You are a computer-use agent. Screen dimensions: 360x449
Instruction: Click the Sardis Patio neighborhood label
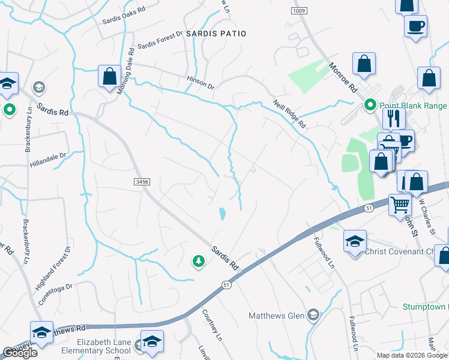pyautogui.click(x=216, y=34)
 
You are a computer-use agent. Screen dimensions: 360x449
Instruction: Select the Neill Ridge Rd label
pyautogui.click(x=290, y=114)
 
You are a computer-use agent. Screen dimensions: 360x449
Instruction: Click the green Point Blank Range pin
pyautogui.click(x=370, y=106)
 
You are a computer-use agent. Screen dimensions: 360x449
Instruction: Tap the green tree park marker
pyautogui.click(x=198, y=261)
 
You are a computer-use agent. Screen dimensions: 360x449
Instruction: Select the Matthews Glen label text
pyautogui.click(x=277, y=316)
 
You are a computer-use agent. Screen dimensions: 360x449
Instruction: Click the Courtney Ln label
pyautogui.click(x=213, y=323)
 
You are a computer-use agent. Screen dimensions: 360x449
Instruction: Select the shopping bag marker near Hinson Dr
pyautogui.click(x=109, y=77)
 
